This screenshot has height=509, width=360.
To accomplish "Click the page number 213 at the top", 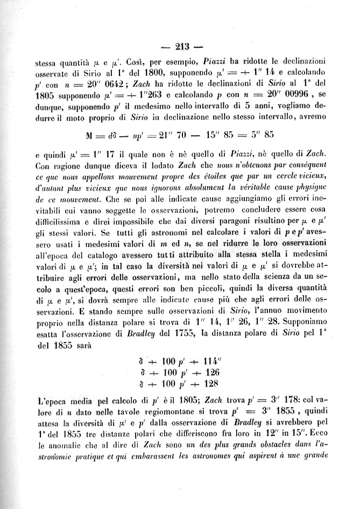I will point(187,45).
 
